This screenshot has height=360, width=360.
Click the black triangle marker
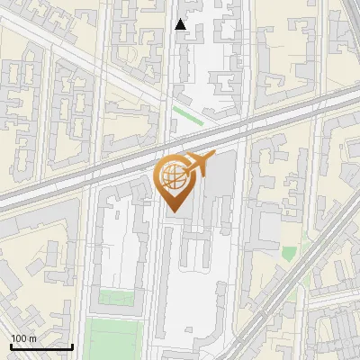click(181, 24)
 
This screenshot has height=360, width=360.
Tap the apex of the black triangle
click(181, 19)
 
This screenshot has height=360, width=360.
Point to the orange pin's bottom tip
click(175, 213)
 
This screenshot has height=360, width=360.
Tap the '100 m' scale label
click(24, 338)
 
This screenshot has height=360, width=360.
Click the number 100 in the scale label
click(19, 338)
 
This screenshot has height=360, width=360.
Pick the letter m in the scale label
click(33, 338)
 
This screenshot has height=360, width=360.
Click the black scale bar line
click(40, 346)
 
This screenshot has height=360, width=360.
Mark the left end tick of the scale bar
click(9, 345)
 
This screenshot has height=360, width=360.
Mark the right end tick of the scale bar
click(72, 345)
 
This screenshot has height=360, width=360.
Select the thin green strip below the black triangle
click(188, 115)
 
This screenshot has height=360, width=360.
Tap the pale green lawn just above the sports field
click(112, 298)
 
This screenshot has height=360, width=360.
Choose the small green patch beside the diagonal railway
click(289, 254)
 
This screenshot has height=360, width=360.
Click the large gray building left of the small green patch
click(266, 225)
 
